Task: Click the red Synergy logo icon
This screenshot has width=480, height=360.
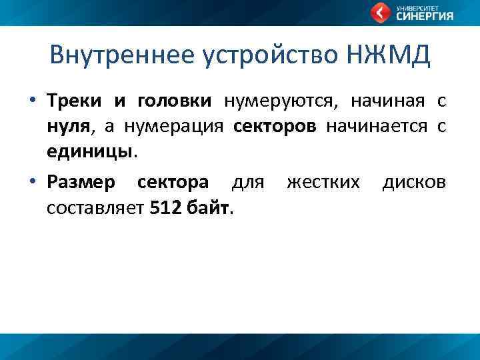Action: click(381, 13)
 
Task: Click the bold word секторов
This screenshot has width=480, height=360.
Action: click(276, 126)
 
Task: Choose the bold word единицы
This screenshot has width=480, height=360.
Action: click(90, 151)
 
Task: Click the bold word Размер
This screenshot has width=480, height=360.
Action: click(81, 183)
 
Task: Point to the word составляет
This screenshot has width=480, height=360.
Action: click(95, 207)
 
